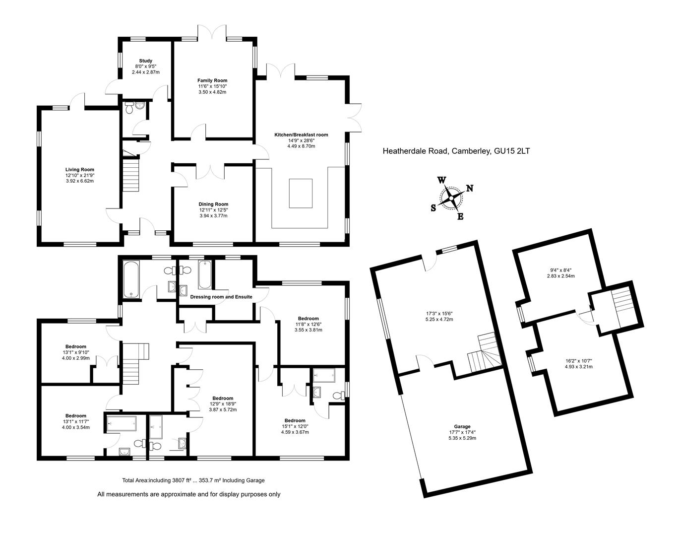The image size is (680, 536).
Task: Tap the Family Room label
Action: pos(212,80)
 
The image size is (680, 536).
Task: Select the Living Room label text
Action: pos(79,170)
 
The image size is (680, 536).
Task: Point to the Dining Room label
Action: pos(213,204)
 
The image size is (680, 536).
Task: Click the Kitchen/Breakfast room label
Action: pos(301,134)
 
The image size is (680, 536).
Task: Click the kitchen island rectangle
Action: pos(301,193)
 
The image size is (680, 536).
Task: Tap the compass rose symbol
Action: pos(451,199)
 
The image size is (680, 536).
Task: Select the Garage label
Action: pos(462,426)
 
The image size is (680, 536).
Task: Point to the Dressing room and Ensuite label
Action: pos(221,297)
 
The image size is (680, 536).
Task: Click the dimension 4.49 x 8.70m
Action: pos(301,146)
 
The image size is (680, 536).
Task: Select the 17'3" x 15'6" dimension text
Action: pos(439,313)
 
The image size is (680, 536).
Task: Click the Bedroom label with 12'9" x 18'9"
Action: pos(223,398)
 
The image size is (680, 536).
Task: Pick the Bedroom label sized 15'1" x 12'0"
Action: pos(295,420)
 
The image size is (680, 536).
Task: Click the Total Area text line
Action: pos(193,480)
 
